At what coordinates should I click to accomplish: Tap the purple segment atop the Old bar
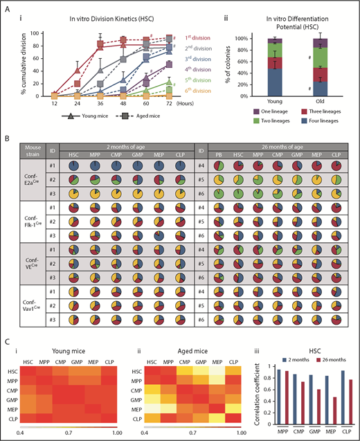click(x=319, y=43)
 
